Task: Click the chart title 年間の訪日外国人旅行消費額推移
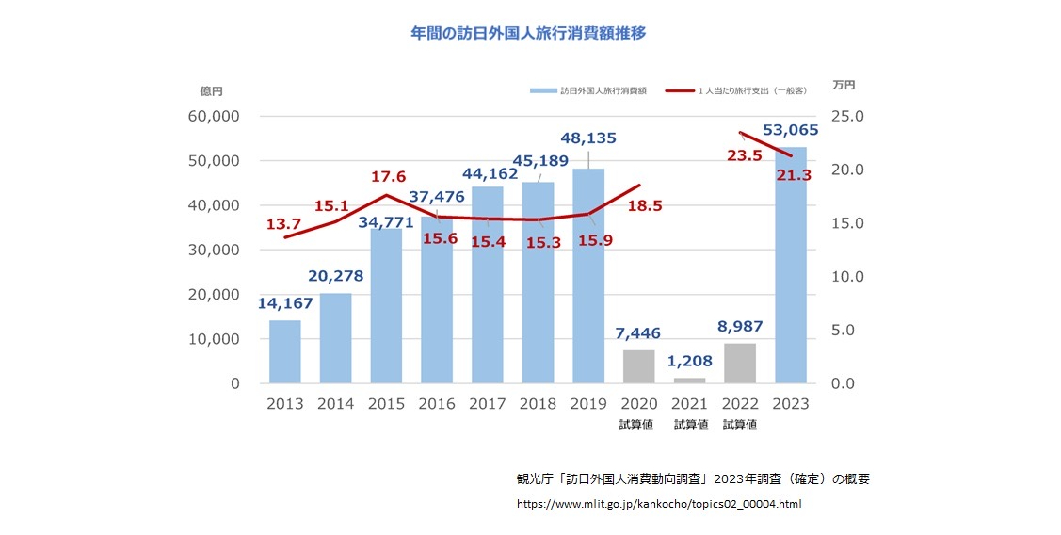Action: click(528, 33)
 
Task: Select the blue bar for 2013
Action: click(285, 352)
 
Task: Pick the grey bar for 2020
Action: click(639, 366)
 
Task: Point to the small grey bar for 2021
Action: click(690, 381)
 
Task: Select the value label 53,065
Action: click(789, 129)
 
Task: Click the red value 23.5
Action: click(746, 156)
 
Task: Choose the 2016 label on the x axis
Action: click(437, 404)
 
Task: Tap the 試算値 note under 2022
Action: click(740, 425)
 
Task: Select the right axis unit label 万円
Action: click(844, 87)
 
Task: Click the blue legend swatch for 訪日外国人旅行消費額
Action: click(542, 90)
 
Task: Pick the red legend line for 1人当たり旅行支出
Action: click(679, 90)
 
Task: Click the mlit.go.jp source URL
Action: click(659, 505)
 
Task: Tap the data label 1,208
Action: click(690, 360)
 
